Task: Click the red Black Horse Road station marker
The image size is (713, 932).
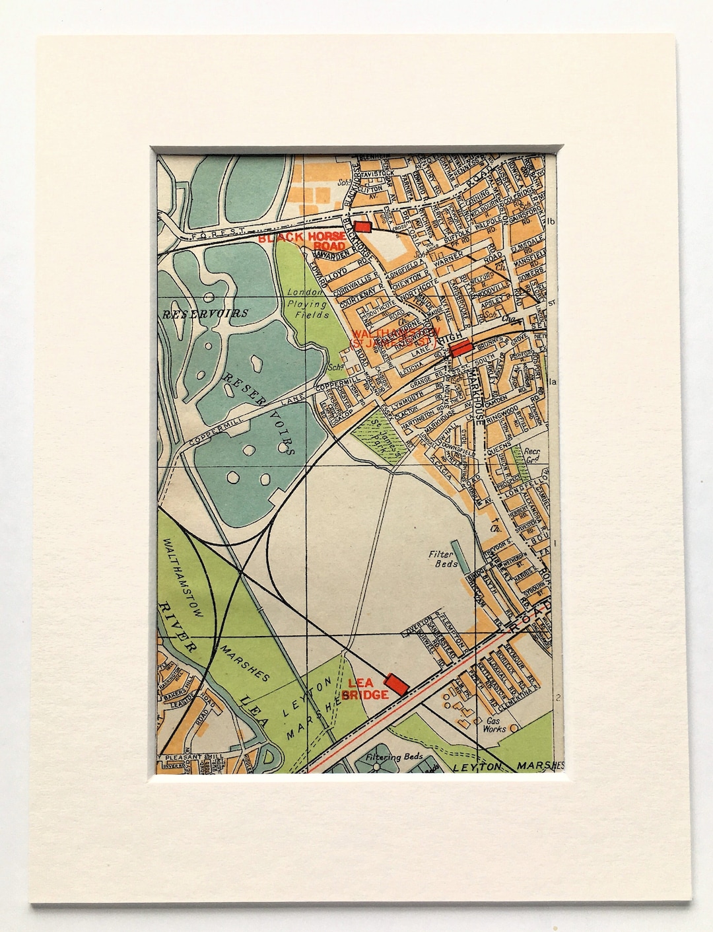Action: coord(362,226)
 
